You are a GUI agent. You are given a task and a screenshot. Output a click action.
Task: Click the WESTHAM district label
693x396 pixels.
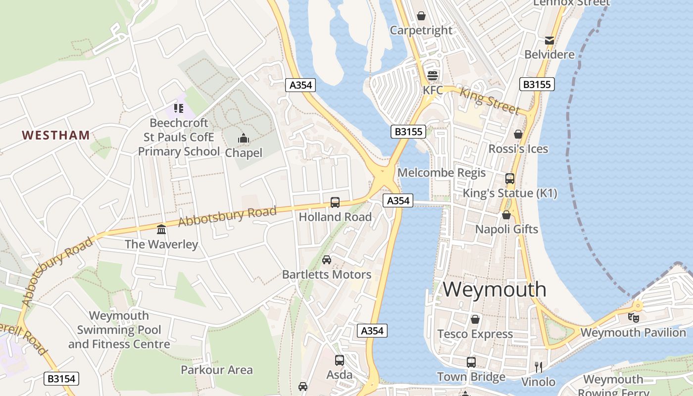click(56, 135)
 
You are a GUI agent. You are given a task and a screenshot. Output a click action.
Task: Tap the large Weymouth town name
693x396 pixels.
click(495, 289)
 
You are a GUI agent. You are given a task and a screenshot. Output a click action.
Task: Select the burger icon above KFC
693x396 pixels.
click(433, 76)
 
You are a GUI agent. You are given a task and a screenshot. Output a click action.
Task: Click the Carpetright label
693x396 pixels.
click(421, 30)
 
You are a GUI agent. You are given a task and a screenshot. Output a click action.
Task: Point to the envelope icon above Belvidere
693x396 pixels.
click(549, 40)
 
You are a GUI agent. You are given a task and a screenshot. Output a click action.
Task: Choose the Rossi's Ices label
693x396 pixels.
click(518, 149)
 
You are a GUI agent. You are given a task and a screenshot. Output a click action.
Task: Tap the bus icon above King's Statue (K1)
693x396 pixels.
click(510, 179)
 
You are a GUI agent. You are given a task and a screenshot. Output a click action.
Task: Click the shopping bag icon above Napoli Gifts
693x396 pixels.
click(506, 215)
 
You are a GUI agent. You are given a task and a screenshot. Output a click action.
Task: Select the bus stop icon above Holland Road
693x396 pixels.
click(335, 202)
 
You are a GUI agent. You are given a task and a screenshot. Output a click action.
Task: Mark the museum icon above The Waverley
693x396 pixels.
click(161, 230)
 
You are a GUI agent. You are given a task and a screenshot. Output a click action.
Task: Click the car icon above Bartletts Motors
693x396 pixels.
click(327, 260)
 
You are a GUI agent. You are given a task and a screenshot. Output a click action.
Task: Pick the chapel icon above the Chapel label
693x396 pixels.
click(244, 139)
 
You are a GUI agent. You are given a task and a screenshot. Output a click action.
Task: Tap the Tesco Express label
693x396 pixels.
click(475, 334)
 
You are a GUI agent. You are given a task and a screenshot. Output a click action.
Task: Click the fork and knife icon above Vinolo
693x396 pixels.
click(539, 367)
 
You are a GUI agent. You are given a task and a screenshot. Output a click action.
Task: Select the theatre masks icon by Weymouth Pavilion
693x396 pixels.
click(633, 318)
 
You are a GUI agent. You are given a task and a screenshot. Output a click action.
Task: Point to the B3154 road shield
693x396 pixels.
click(61, 379)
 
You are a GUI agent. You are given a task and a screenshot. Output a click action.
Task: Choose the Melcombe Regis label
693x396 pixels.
click(442, 173)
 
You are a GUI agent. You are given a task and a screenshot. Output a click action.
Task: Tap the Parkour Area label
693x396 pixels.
click(216, 370)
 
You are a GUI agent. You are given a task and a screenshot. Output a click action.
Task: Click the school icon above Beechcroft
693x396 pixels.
click(179, 108)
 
